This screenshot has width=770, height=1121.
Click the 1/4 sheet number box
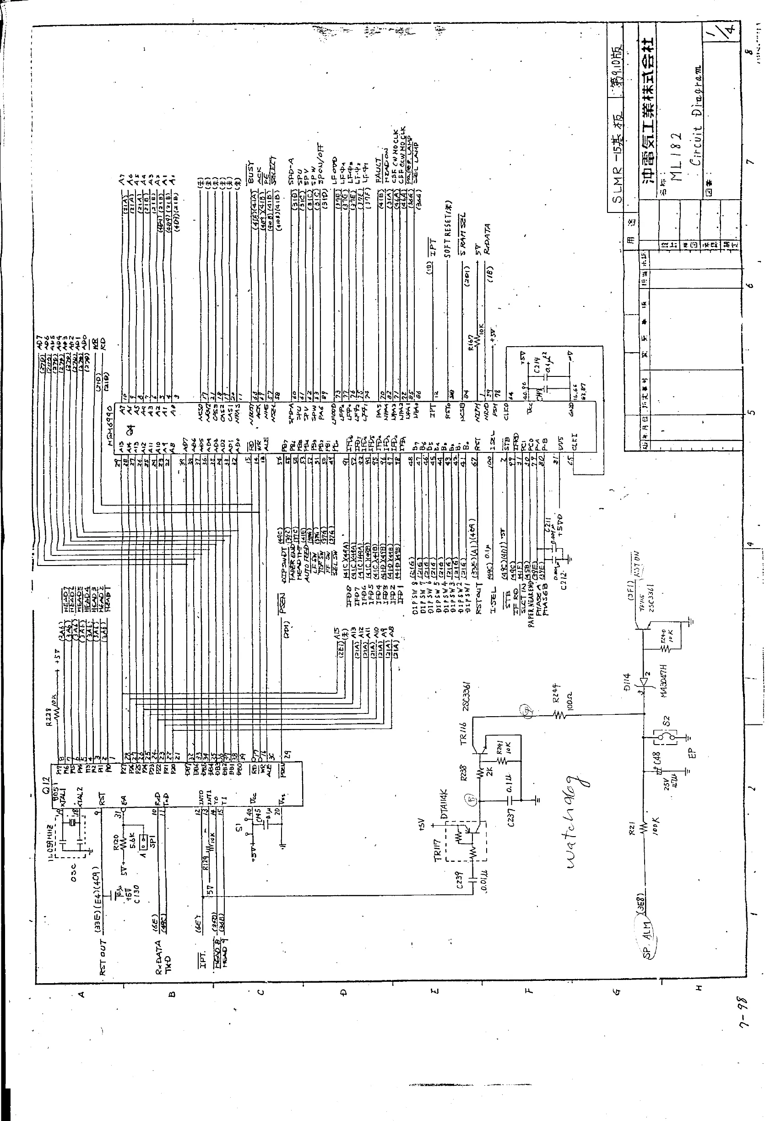[724, 24]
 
